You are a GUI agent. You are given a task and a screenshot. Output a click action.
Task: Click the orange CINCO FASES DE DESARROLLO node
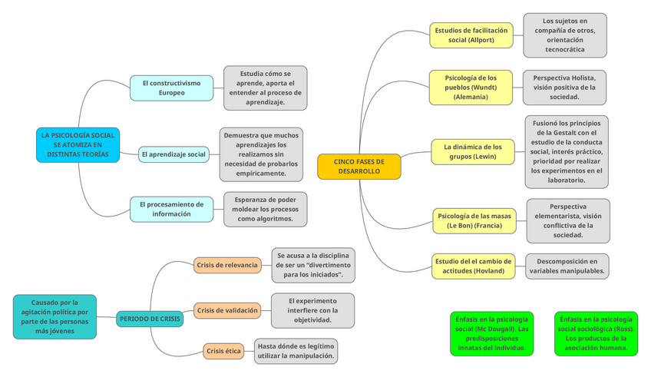(359, 167)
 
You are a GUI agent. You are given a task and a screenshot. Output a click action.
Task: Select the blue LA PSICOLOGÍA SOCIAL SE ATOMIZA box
(78, 145)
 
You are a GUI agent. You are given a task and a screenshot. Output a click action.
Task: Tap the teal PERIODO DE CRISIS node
(150, 318)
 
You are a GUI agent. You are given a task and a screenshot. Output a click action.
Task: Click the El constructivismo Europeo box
(171, 88)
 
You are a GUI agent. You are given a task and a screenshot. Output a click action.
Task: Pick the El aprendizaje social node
(173, 154)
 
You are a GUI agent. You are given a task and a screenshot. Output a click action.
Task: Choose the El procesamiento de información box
(171, 209)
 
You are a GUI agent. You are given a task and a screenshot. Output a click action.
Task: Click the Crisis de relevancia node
(226, 265)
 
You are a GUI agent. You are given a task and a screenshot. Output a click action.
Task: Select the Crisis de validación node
(226, 310)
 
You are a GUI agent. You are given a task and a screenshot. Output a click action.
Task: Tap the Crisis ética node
(223, 351)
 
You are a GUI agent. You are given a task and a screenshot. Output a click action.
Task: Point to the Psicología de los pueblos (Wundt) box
(470, 88)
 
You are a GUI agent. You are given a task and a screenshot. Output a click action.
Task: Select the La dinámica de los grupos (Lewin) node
(472, 151)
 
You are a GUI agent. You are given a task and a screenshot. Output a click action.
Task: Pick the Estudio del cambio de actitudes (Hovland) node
(473, 266)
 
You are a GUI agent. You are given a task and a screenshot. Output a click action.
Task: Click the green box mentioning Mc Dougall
(491, 333)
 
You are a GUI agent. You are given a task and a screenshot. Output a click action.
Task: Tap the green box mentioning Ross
(596, 333)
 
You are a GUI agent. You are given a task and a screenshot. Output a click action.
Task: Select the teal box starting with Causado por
(55, 316)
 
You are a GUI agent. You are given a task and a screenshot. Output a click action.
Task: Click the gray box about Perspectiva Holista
(563, 88)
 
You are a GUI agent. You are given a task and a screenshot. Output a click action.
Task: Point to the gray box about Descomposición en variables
(567, 266)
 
